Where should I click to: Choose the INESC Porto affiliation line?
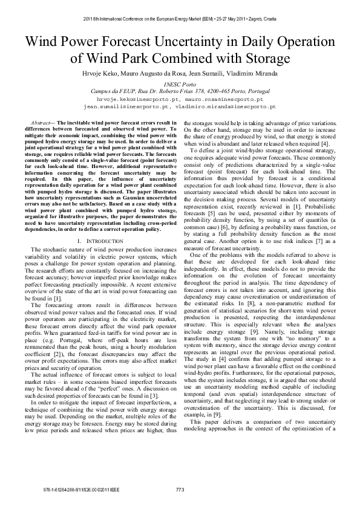coord(180,85)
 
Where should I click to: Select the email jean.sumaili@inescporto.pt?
coord(126,106)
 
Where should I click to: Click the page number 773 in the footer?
coord(180,490)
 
